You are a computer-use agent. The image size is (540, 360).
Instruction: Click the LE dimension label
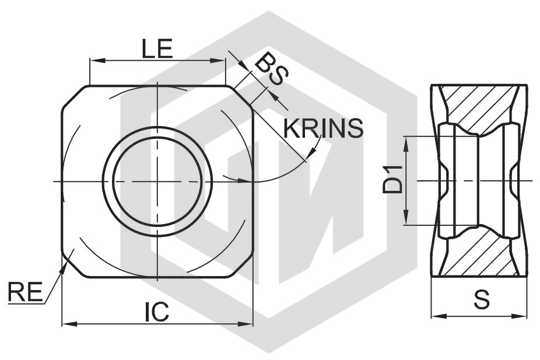157,49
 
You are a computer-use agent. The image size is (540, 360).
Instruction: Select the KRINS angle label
323,128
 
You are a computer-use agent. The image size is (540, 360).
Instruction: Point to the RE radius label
25,292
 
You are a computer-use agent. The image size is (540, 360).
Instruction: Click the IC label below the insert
157,312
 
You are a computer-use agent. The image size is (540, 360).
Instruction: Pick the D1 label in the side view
393,180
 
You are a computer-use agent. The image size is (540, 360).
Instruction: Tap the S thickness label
481,299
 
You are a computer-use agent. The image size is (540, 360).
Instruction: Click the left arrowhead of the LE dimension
97,61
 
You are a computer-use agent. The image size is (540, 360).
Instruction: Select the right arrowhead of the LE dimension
218,61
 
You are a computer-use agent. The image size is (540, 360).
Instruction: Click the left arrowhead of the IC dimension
69,324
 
